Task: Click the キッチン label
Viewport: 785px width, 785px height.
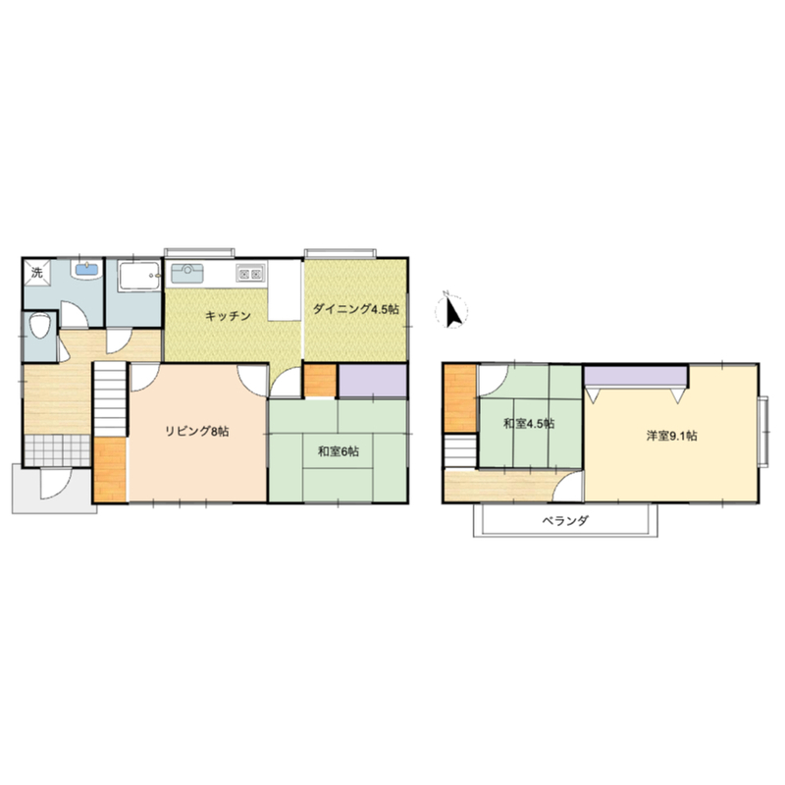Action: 228,316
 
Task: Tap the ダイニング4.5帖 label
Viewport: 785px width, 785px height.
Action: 356,309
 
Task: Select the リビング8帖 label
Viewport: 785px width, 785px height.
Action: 197,431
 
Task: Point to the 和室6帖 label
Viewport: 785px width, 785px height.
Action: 339,451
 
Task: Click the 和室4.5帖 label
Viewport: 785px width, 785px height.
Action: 529,424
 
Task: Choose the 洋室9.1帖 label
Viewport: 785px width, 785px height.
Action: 671,436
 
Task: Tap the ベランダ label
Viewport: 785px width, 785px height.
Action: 565,521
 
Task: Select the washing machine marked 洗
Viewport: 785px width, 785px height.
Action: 37,273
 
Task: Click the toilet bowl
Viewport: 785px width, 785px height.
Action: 39,326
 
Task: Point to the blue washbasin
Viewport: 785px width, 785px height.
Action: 87,270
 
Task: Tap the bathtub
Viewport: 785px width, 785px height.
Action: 139,276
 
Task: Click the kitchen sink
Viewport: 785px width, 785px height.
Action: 187,274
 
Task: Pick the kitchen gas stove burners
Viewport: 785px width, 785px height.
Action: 250,274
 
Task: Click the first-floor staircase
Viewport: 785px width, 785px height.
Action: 110,400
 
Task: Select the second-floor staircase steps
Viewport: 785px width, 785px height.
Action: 460,451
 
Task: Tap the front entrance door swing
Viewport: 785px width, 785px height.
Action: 56,483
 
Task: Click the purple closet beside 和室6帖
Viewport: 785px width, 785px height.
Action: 373,381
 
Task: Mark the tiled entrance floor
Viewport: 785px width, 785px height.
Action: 58,450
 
